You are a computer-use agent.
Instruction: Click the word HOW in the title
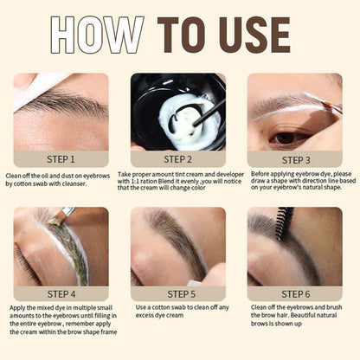click(97, 35)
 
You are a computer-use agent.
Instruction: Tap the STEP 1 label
click(61, 159)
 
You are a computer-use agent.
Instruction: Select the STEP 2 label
click(177, 159)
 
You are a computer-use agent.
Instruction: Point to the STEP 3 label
click(296, 160)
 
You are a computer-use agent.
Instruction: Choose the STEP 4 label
click(61, 294)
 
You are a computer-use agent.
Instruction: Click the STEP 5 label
click(182, 294)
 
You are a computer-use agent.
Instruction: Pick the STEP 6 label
click(296, 294)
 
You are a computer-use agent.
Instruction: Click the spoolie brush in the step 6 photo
click(283, 222)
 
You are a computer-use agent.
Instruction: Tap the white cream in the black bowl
click(188, 121)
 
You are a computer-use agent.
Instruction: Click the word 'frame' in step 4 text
click(108, 332)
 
